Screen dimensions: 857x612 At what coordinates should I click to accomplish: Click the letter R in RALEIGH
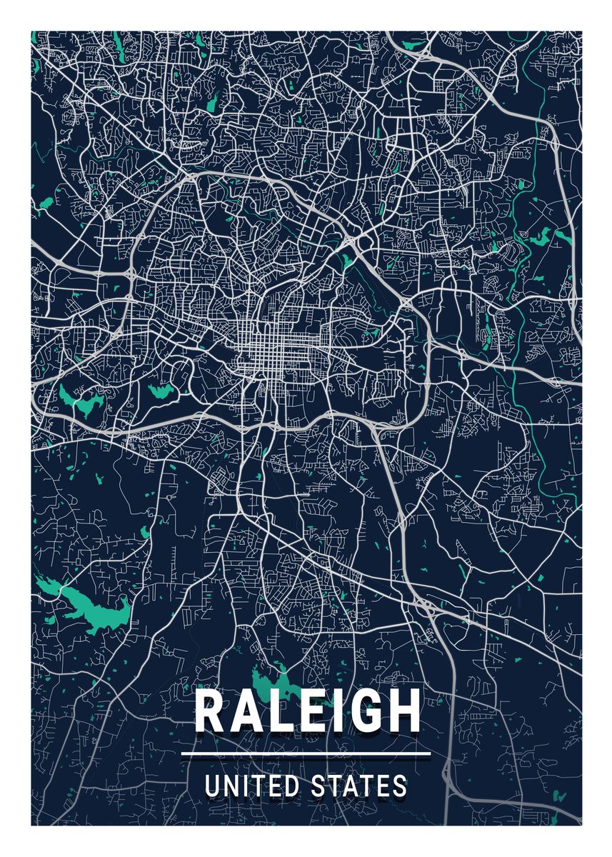tap(211, 711)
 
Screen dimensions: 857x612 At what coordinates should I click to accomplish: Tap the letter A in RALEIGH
tap(247, 711)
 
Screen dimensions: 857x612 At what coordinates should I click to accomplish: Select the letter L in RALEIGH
tap(280, 711)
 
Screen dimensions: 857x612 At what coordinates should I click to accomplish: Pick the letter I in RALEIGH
tap(334, 711)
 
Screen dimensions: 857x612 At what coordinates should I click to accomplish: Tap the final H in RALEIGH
tap(400, 711)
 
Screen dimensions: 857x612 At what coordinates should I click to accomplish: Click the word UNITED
tap(253, 786)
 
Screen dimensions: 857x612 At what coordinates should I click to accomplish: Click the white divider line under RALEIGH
tap(306, 753)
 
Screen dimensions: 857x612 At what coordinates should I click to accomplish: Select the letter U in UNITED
tap(212, 786)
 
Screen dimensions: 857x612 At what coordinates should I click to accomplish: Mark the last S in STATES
tap(400, 786)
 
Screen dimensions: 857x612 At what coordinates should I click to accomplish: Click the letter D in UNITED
tap(293, 786)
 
